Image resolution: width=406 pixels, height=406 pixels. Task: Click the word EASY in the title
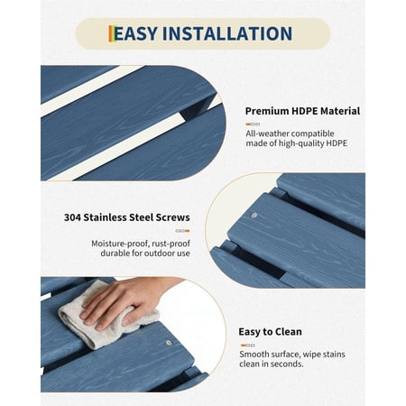coord(136,33)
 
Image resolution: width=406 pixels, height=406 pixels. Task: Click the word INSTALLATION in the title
coord(227,33)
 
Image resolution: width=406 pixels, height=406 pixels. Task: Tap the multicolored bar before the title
coord(111,33)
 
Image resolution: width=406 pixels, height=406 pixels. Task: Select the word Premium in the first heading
coord(267,111)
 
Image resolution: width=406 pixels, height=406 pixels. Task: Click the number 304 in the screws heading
coord(72,217)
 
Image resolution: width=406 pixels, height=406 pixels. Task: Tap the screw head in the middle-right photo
coord(254,216)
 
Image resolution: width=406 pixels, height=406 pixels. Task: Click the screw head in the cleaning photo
coord(169,343)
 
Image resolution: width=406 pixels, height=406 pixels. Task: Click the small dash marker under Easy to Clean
coord(248,346)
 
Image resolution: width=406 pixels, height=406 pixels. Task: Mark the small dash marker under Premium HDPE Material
coord(253,124)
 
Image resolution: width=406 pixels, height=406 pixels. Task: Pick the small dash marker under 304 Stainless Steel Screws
coord(182,231)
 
